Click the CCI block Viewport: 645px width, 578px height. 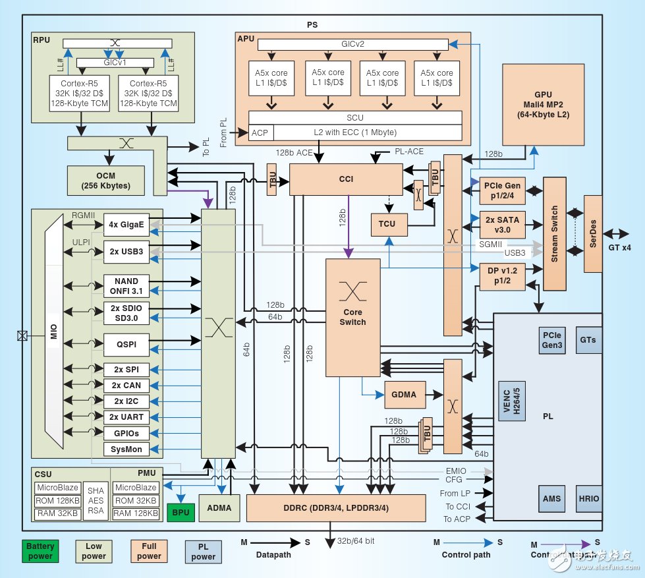click(345, 179)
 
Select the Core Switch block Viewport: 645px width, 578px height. click(352, 318)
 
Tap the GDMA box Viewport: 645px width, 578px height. click(405, 394)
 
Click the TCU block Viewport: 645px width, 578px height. click(387, 224)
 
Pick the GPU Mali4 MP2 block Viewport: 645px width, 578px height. click(544, 104)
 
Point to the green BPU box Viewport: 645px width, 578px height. click(180, 511)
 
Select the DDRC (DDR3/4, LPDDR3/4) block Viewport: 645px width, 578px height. click(335, 508)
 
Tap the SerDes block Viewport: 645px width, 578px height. click(593, 233)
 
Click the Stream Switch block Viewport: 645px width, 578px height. click(555, 233)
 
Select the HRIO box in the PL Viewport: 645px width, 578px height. click(589, 498)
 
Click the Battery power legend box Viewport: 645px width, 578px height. click(40, 551)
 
